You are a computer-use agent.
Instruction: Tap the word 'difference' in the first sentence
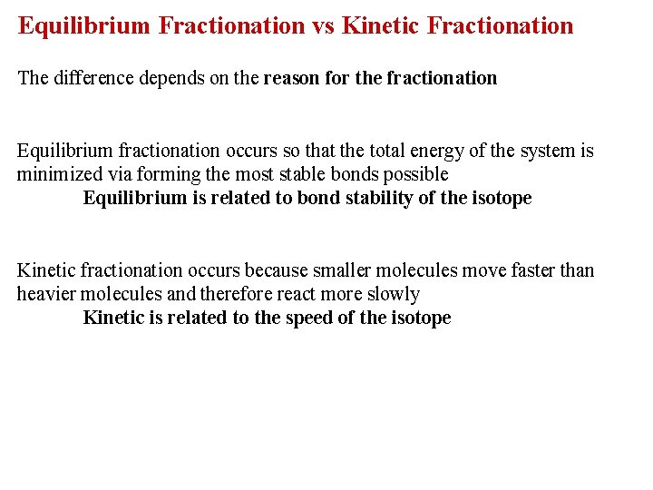[x=93, y=78]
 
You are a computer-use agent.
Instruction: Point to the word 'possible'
[x=416, y=174]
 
